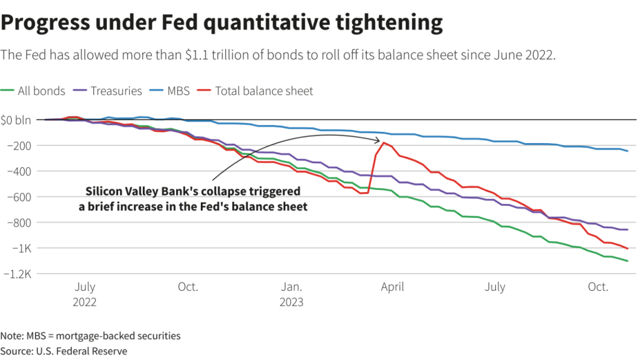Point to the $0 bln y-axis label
(16, 120)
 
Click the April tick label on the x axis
(392, 287)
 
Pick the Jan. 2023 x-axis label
(292, 294)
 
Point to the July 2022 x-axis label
(84, 294)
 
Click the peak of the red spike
(384, 142)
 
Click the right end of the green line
(627, 261)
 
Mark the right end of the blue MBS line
(627, 151)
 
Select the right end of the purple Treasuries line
(627, 229)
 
